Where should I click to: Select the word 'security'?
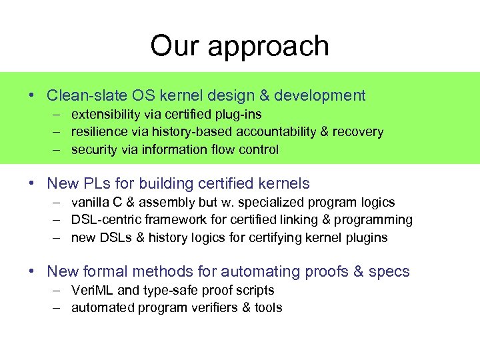pos(94,149)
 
